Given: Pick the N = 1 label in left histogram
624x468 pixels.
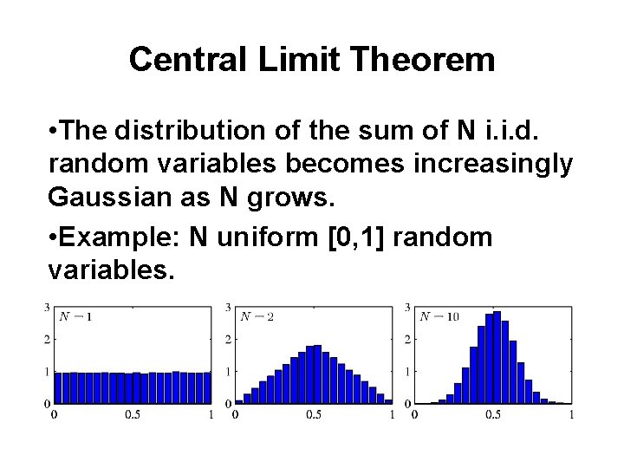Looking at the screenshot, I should pyautogui.click(x=75, y=316).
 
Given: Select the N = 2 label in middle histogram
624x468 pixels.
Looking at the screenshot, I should pyautogui.click(x=257, y=316).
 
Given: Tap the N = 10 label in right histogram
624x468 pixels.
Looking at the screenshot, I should pyautogui.click(x=439, y=316).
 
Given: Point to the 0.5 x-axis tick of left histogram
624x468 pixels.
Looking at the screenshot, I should pyautogui.click(x=133, y=415).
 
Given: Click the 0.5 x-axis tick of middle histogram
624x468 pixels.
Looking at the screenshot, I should pyautogui.click(x=314, y=415).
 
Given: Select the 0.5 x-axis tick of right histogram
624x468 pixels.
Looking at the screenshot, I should pyautogui.click(x=492, y=415).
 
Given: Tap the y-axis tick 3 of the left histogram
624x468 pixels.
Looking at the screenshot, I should pyautogui.click(x=47, y=307).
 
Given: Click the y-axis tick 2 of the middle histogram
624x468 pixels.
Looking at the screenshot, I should pyautogui.click(x=228, y=339).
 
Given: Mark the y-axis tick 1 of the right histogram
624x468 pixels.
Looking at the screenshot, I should pyautogui.click(x=408, y=371).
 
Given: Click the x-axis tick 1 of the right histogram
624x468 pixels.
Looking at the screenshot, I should pyautogui.click(x=572, y=415).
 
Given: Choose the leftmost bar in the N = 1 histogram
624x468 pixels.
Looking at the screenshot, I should pyautogui.click(x=59, y=388).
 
